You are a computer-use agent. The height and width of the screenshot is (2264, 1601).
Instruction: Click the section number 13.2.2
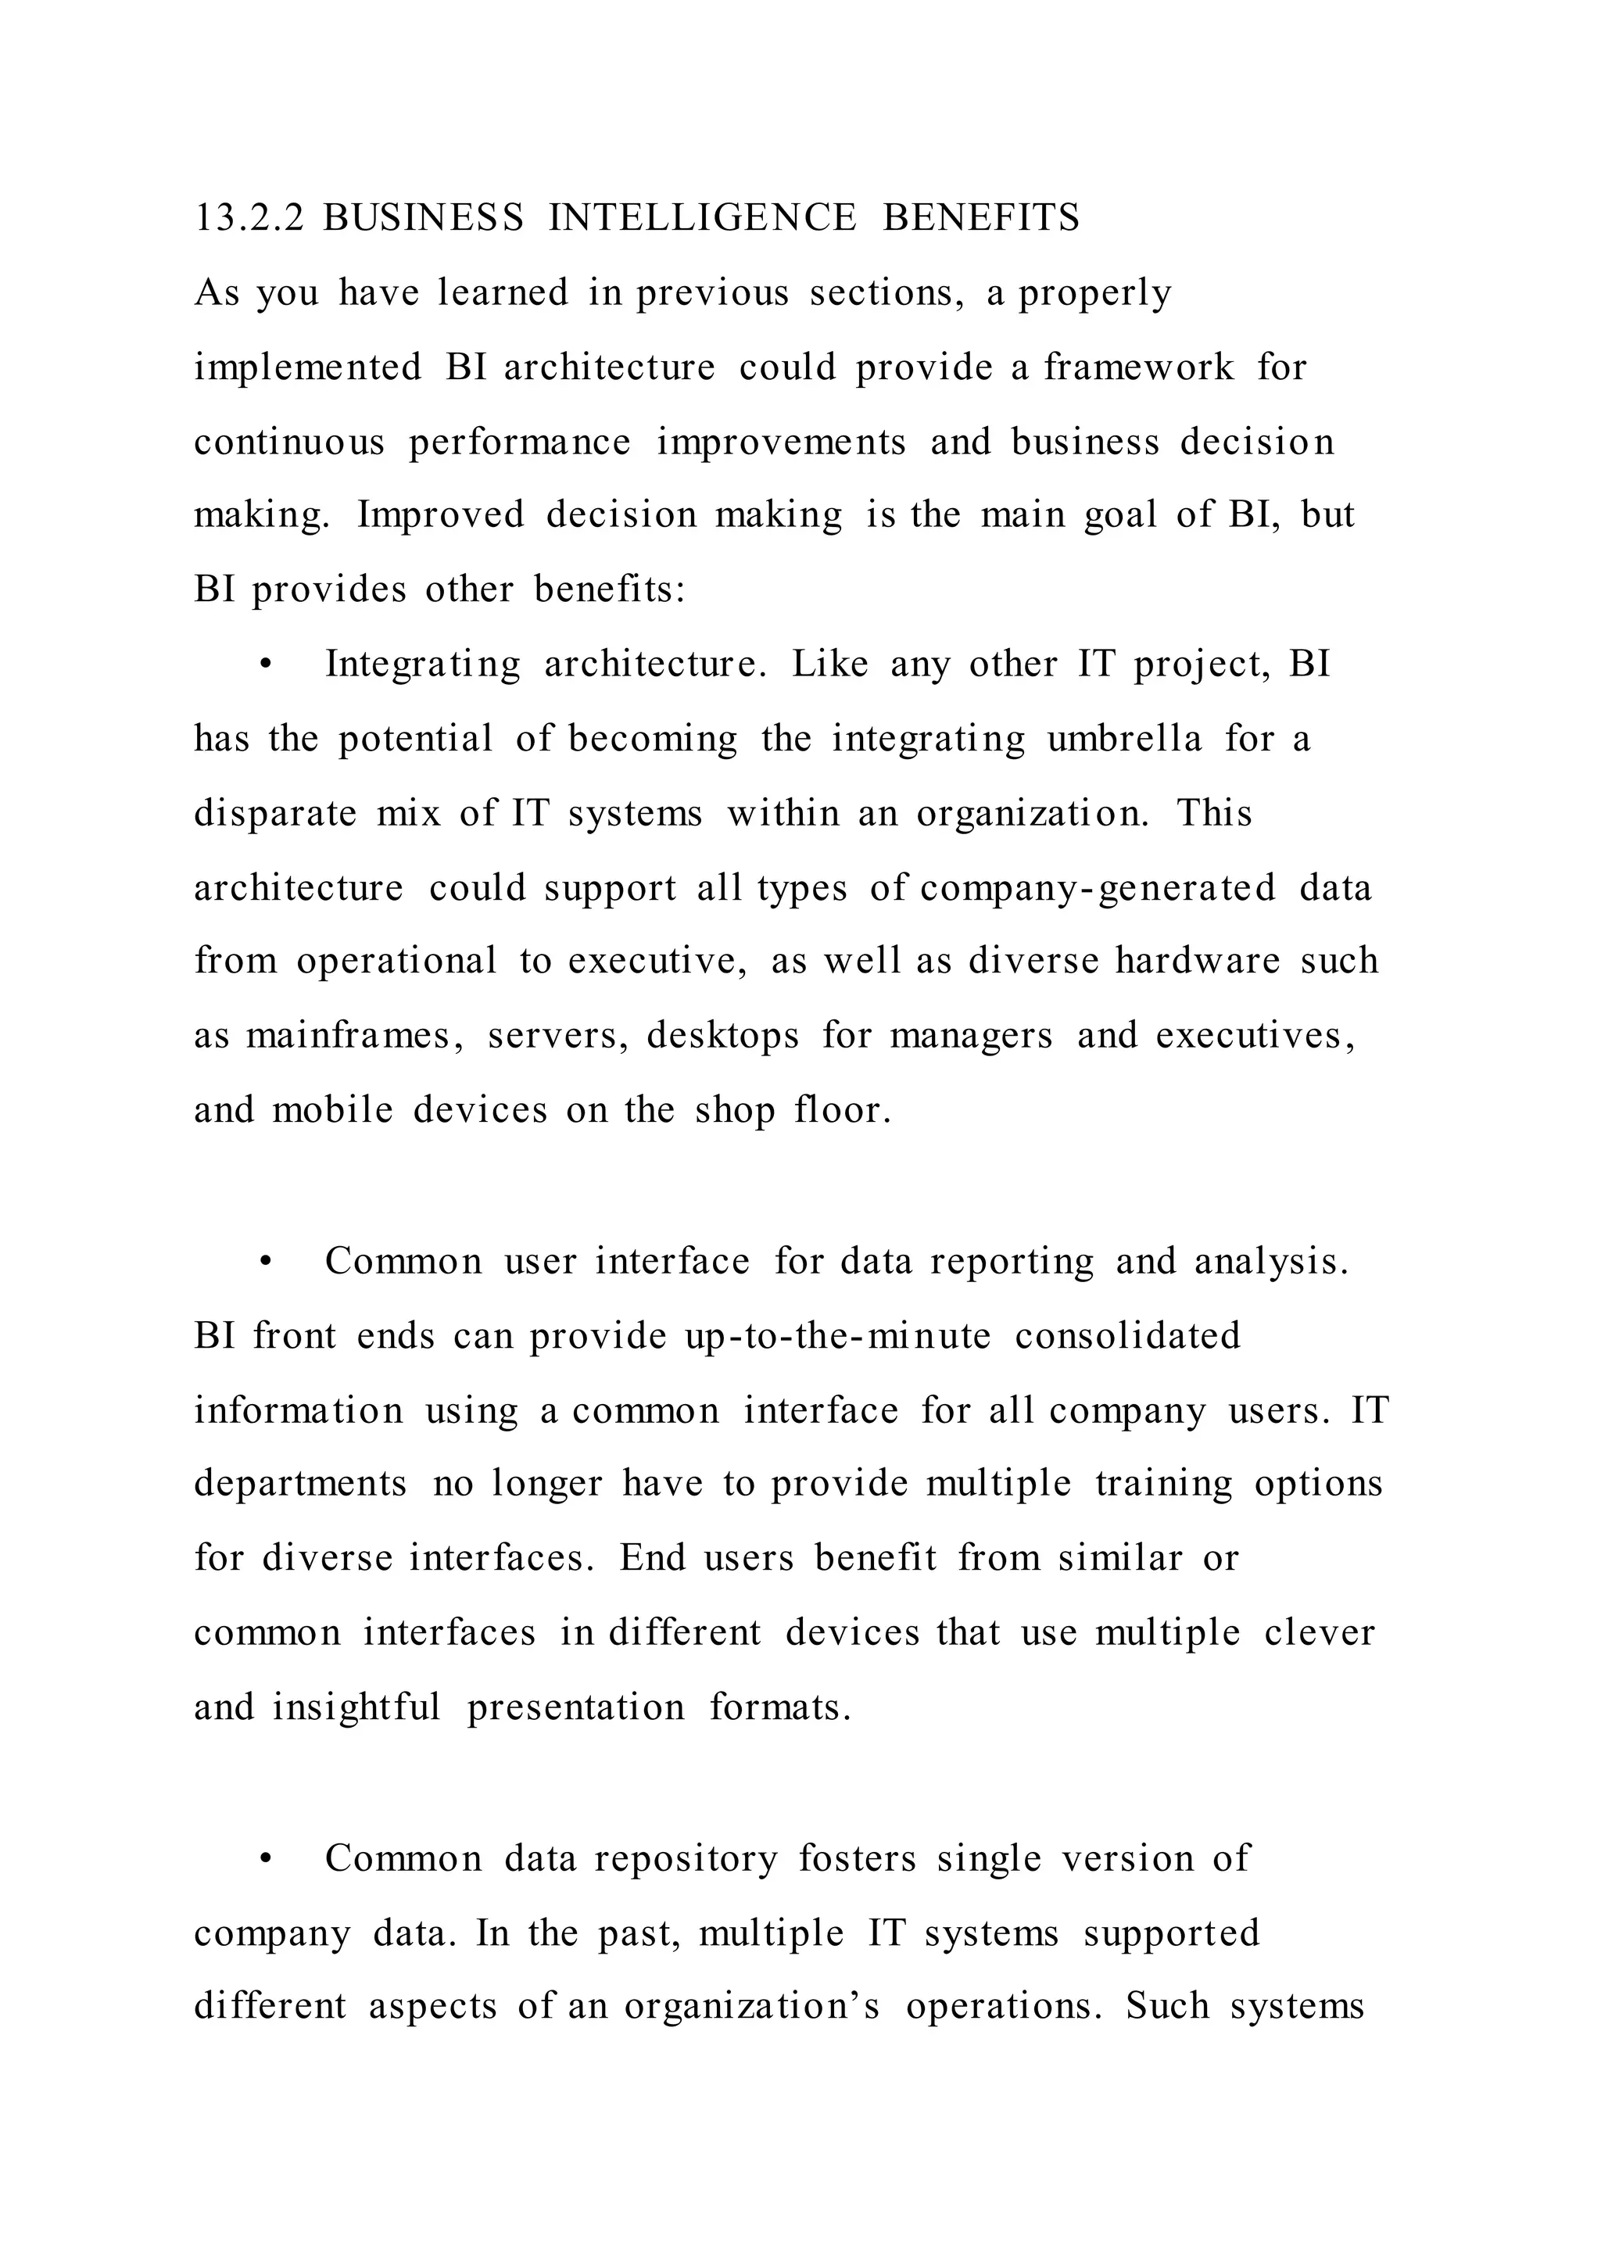(250, 218)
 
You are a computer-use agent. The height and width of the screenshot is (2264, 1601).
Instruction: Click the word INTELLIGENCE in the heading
(703, 218)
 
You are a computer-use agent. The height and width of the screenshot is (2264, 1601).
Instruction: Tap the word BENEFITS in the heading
(981, 218)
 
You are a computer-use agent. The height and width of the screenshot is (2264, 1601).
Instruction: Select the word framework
(1139, 367)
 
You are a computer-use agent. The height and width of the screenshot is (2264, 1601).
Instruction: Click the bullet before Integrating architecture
(264, 665)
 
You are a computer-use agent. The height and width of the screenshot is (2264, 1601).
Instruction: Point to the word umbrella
(1125, 739)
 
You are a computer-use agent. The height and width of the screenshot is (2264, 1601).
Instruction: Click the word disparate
(275, 815)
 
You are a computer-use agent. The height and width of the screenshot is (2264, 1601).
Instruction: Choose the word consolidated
(1128, 1336)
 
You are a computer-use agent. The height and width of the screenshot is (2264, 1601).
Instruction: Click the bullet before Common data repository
(264, 1860)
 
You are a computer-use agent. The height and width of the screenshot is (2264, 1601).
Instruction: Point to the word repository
(686, 1860)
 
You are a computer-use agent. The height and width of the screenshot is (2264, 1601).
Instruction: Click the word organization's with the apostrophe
(751, 2008)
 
